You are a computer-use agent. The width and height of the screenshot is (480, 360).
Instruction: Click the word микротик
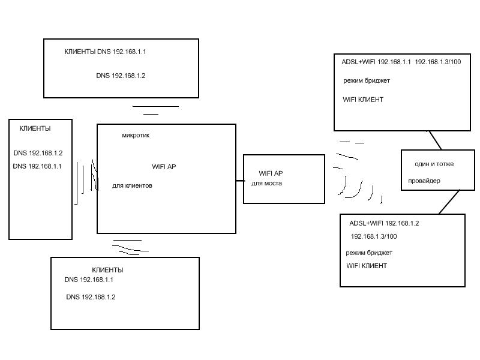pyautogui.click(x=135, y=136)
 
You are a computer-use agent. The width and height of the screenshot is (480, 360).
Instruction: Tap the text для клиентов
pyautogui.click(x=132, y=186)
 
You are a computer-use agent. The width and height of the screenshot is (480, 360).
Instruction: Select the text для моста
pyautogui.click(x=266, y=183)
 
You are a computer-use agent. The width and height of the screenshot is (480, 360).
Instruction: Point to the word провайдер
pyautogui.click(x=424, y=181)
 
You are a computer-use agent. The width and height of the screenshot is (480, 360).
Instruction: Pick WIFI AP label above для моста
pyautogui.click(x=270, y=173)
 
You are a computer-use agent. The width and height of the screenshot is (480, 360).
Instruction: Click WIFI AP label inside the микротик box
pyautogui.click(x=164, y=167)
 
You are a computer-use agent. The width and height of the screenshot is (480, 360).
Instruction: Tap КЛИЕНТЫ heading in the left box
pyautogui.click(x=35, y=129)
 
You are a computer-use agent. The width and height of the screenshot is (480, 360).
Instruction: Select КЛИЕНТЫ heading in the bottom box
pyautogui.click(x=107, y=270)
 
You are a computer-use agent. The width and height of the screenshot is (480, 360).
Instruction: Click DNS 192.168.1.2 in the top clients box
pyautogui.click(x=121, y=76)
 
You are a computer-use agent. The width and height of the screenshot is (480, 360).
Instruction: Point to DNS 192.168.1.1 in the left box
pyautogui.click(x=37, y=166)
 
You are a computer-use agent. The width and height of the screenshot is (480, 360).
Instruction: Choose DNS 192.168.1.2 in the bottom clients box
pyautogui.click(x=91, y=297)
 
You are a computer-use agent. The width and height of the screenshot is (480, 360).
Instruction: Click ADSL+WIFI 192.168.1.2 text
pyautogui.click(x=384, y=223)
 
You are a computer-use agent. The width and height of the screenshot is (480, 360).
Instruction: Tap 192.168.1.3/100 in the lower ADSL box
pyautogui.click(x=373, y=236)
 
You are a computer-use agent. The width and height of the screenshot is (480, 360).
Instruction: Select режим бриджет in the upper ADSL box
pyautogui.click(x=367, y=80)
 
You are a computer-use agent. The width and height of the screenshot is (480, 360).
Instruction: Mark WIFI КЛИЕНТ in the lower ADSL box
pyautogui.click(x=367, y=266)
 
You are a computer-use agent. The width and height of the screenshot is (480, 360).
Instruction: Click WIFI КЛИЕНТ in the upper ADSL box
pyautogui.click(x=363, y=100)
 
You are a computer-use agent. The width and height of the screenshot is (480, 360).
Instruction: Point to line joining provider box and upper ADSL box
pyautogui.click(x=435, y=140)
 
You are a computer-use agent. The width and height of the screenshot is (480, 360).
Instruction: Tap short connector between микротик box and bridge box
pyautogui.click(x=239, y=180)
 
